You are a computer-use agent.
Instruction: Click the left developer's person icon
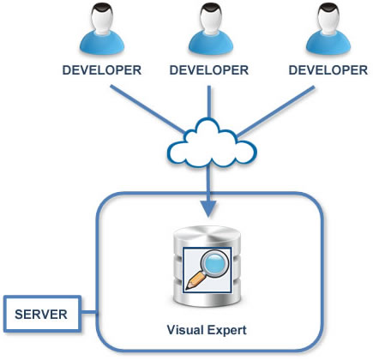pyautogui.click(x=102, y=30)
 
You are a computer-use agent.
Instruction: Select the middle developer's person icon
pyautogui.click(x=211, y=30)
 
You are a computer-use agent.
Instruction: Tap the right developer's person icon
pyautogui.click(x=328, y=30)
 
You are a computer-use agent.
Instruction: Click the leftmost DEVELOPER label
pyautogui.click(x=102, y=70)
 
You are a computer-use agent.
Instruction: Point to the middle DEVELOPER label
pyautogui.click(x=209, y=70)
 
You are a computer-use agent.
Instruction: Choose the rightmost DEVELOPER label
pyautogui.click(x=328, y=70)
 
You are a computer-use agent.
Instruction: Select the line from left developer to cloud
pyautogui.click(x=147, y=109)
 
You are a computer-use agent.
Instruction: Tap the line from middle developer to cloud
pyautogui.click(x=209, y=102)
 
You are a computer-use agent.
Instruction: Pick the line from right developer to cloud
pyautogui.click(x=276, y=111)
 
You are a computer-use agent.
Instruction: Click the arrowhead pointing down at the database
pyautogui.click(x=208, y=209)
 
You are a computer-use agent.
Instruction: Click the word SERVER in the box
pyautogui.click(x=41, y=315)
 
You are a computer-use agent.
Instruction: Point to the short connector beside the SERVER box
pyautogui.click(x=89, y=313)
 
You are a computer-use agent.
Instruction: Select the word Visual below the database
pyautogui.click(x=185, y=330)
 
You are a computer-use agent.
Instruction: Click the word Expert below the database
pyautogui.click(x=227, y=331)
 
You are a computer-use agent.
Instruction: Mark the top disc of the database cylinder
pyautogui.click(x=207, y=234)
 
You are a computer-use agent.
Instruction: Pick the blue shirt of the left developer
pyautogui.click(x=102, y=45)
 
